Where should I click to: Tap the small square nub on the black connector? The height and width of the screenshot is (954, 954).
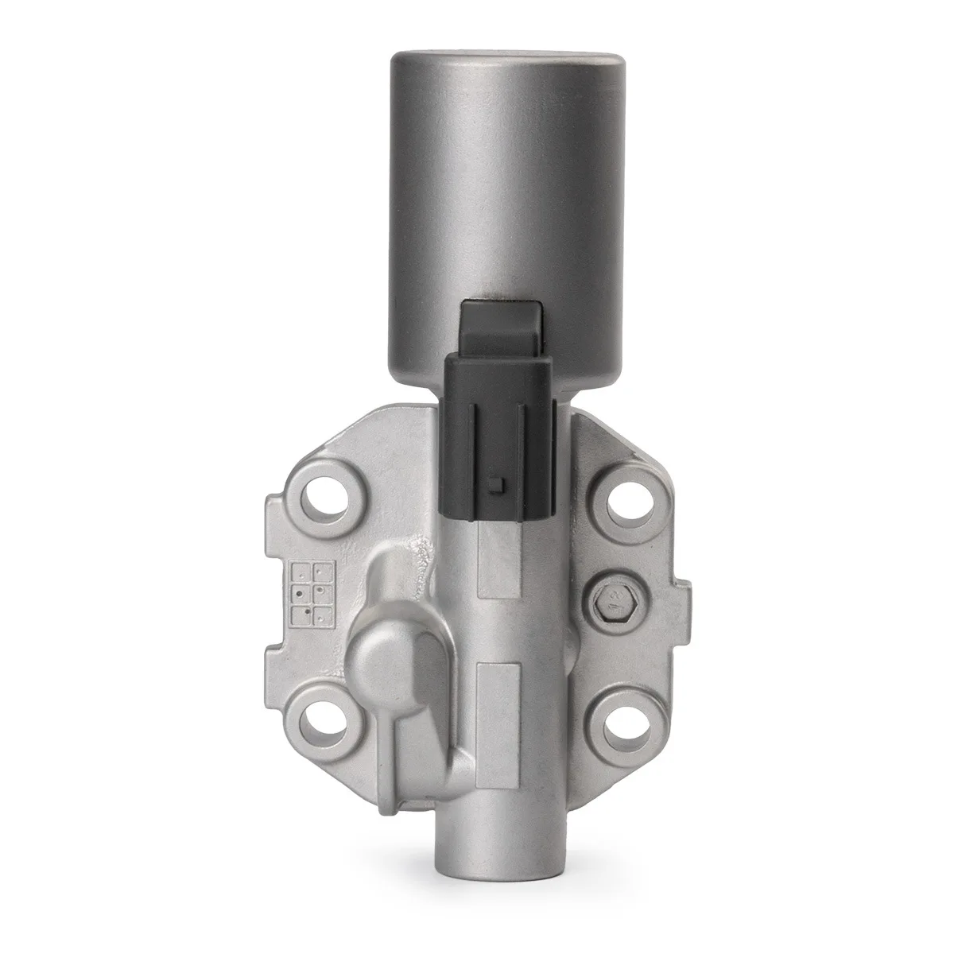tap(496, 485)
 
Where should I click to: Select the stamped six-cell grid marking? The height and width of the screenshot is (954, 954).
tap(312, 594)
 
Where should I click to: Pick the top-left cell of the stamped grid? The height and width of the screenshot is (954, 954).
tap(303, 572)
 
